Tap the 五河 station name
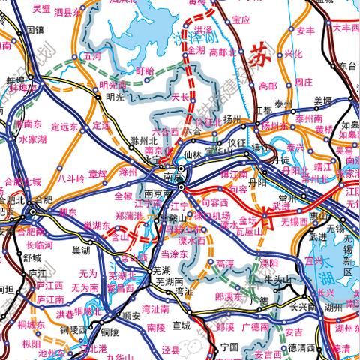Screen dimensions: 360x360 coord(93,55)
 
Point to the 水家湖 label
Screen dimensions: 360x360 coord(32,139)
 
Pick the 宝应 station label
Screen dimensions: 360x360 coord(241,19)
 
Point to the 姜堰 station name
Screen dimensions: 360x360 coord(322,100)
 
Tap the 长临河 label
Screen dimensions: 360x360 coord(39,244)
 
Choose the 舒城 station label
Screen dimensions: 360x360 coord(31,256)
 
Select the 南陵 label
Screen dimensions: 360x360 coord(156,327)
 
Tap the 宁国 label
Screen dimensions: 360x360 coord(229,346)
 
